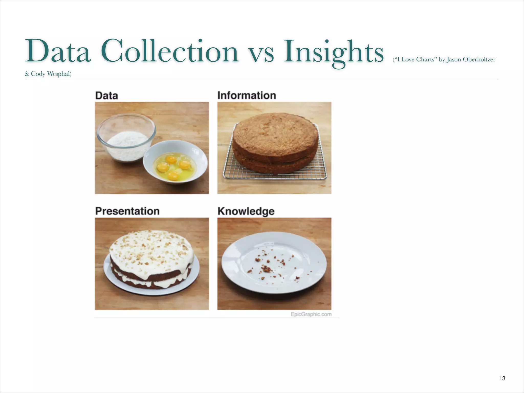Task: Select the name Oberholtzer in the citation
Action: [x=479, y=60]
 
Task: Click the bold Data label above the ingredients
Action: [x=106, y=96]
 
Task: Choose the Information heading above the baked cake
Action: [x=247, y=95]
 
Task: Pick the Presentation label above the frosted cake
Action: [x=127, y=211]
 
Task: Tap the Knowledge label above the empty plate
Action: [x=246, y=211]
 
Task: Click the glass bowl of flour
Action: [x=126, y=138]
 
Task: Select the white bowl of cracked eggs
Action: [x=175, y=162]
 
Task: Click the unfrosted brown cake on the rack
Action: [x=275, y=142]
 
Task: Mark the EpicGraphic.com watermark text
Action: [x=311, y=314]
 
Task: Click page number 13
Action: [x=502, y=378]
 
